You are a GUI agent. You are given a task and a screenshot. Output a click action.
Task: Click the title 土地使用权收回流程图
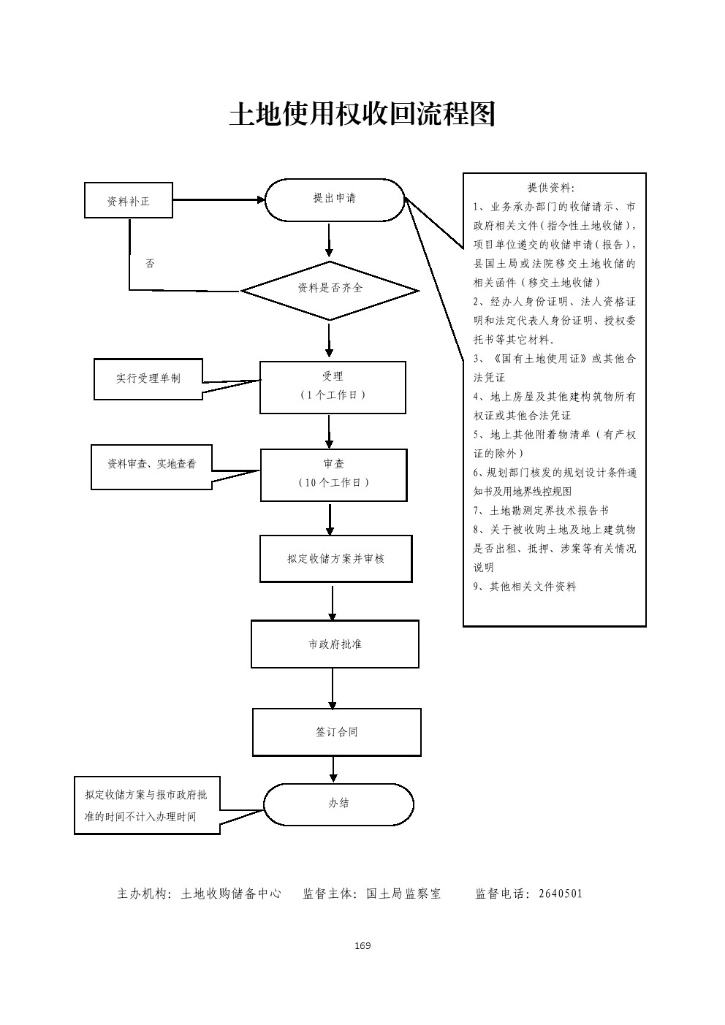[x=362, y=114]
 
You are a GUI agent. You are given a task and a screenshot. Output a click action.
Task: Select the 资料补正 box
[x=129, y=200]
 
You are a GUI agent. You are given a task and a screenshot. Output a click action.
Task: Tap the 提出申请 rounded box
[x=334, y=199]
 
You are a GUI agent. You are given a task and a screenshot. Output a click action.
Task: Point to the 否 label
[x=150, y=263]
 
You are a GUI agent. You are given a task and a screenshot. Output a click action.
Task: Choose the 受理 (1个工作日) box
[x=333, y=386]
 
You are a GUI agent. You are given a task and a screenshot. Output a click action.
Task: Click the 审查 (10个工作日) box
[x=333, y=474]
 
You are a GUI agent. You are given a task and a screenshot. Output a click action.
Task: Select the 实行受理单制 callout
[x=148, y=378]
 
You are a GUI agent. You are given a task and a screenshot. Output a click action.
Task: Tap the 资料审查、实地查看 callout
[x=151, y=465]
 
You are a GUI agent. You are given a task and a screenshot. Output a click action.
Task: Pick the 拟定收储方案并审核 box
[x=335, y=559]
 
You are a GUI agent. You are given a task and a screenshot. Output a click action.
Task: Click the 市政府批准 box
[x=335, y=644]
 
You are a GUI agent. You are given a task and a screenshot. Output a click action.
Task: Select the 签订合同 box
[x=336, y=731]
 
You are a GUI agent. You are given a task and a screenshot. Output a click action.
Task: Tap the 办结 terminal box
[x=338, y=804]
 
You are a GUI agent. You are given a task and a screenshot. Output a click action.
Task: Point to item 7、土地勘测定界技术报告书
[x=541, y=511]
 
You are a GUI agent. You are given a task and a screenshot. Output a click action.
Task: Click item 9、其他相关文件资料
[x=525, y=587]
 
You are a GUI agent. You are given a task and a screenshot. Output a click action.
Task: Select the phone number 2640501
[x=560, y=893]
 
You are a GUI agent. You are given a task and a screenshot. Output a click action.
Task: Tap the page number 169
[x=362, y=946]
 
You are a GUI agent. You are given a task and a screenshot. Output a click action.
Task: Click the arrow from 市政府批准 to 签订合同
[x=333, y=687]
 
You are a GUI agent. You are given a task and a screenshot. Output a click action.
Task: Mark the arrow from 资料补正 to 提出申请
[x=218, y=199]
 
